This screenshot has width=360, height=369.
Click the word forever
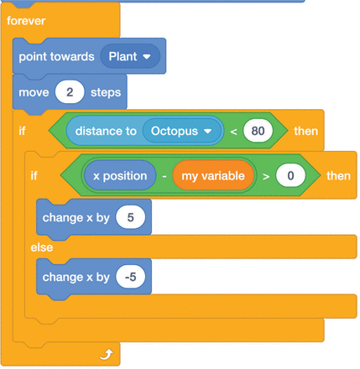pos(26,21)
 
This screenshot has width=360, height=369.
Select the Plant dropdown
pos(130,56)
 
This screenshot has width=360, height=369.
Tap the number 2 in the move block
pos(70,92)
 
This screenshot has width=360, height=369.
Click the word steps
pos(106,92)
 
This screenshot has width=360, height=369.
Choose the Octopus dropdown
pos(182,131)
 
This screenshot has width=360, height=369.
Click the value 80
pos(258,131)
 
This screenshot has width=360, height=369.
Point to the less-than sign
pos(233,132)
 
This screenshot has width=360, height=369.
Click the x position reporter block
pos(120,176)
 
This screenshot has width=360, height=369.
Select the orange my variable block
pos(213,176)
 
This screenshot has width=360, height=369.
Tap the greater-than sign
pos(266,176)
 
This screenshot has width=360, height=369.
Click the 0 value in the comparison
pos(290,175)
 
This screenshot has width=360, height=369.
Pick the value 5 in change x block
pos(131,217)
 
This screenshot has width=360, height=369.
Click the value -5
pos(131,277)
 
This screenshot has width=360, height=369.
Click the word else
pos(42,247)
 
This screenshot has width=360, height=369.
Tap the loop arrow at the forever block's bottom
pos(107,354)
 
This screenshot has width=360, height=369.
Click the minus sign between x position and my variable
pos(164,176)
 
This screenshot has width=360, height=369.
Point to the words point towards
pos(56,57)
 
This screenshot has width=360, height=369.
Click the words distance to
pos(106,131)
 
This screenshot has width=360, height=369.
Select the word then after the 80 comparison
pos(306,131)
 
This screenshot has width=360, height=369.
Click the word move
pos(34,92)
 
